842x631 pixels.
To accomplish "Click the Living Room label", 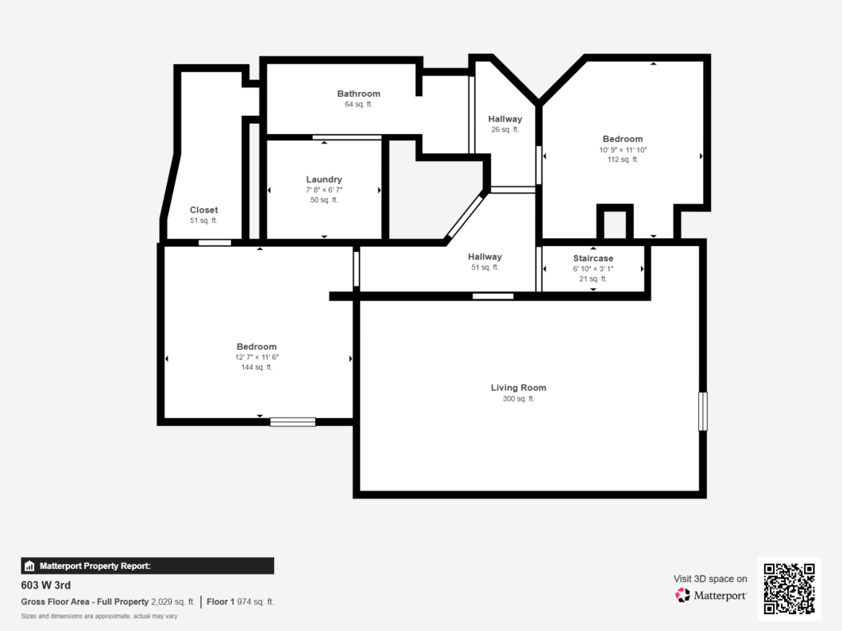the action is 518,387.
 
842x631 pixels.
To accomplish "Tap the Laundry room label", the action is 324,179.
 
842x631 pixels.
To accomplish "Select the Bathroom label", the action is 359,94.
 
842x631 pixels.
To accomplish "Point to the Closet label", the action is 203,210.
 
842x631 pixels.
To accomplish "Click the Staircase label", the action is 593,258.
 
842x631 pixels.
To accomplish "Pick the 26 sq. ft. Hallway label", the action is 504,119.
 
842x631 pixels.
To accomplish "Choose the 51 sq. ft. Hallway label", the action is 485,257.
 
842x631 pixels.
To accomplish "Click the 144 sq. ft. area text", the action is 257,367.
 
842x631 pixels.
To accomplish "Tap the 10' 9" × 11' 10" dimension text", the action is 623,150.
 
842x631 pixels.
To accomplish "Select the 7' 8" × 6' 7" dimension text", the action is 324,190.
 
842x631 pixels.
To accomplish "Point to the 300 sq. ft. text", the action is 518,398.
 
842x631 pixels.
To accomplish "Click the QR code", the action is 790,589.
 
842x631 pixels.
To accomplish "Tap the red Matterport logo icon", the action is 682,595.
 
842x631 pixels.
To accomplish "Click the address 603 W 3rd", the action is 45,586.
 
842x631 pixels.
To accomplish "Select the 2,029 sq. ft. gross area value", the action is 173,602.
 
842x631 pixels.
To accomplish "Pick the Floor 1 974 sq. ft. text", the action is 240,602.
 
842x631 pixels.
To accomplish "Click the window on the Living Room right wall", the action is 702,411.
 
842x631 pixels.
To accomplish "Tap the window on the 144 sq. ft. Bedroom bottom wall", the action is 292,421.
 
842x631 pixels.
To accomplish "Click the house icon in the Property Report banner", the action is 29,566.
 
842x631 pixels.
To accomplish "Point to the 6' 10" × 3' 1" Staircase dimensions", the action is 593,269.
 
